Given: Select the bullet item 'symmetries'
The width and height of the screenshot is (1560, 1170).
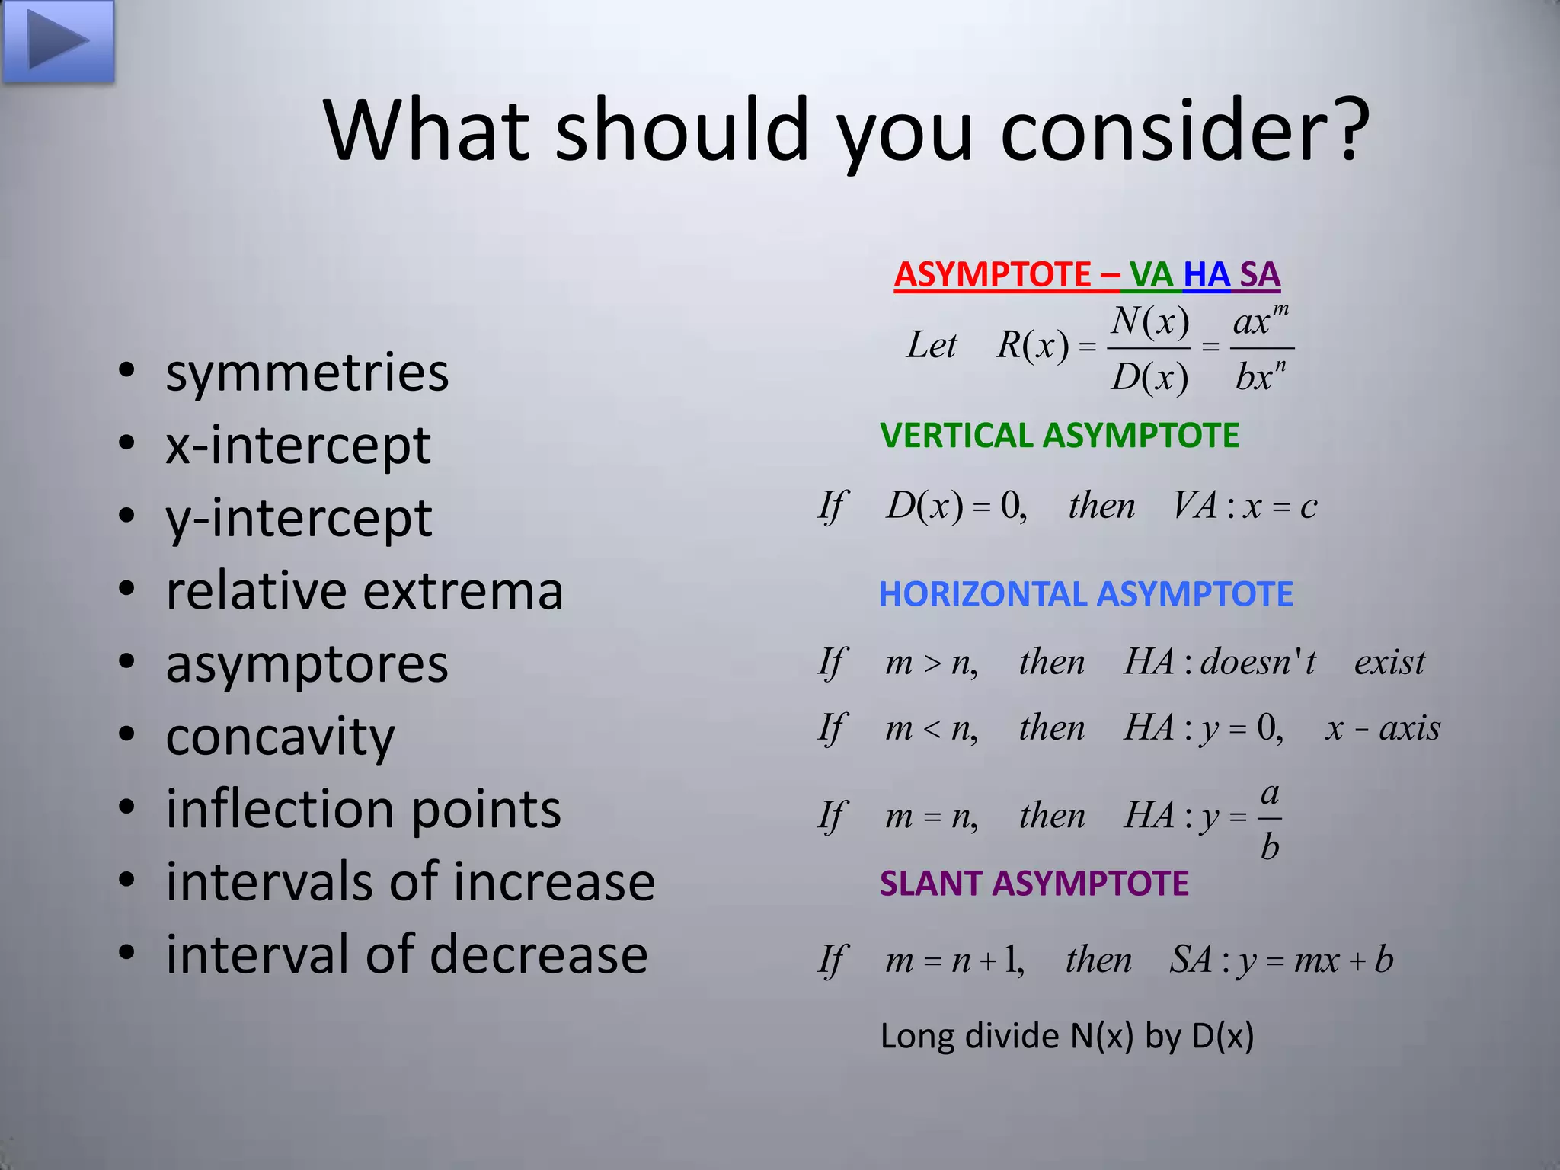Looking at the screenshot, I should coord(307,373).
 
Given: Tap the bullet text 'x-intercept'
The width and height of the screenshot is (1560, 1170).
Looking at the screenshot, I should coord(298,446).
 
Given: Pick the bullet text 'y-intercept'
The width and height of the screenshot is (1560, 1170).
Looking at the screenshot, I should coord(299,519).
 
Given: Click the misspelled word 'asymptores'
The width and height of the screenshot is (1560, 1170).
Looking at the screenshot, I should coord(307,664).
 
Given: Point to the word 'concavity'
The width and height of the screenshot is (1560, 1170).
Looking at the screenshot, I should coord(280,737).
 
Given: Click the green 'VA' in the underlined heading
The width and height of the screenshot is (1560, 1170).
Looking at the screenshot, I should coord(1151,274).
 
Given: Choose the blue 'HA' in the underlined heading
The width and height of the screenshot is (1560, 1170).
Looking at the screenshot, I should coord(1207,274).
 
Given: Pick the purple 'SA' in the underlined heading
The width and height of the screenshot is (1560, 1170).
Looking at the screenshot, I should coord(1260,274).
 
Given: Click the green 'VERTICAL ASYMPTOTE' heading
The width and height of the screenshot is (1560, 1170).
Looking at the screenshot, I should coord(1059,436).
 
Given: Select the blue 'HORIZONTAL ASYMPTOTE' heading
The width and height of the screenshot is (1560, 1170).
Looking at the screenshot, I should coord(1085,594).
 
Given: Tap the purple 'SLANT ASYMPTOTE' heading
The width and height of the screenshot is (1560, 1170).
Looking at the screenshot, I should coord(1034,884).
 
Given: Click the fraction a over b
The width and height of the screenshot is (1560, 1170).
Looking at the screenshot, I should coord(1269,820).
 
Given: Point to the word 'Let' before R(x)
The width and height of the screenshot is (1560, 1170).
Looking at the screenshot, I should coord(931,346).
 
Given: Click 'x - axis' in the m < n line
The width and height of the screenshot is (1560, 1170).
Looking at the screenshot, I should coord(1383,729).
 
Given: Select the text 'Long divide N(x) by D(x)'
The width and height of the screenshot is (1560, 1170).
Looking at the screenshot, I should coord(1066,1037).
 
